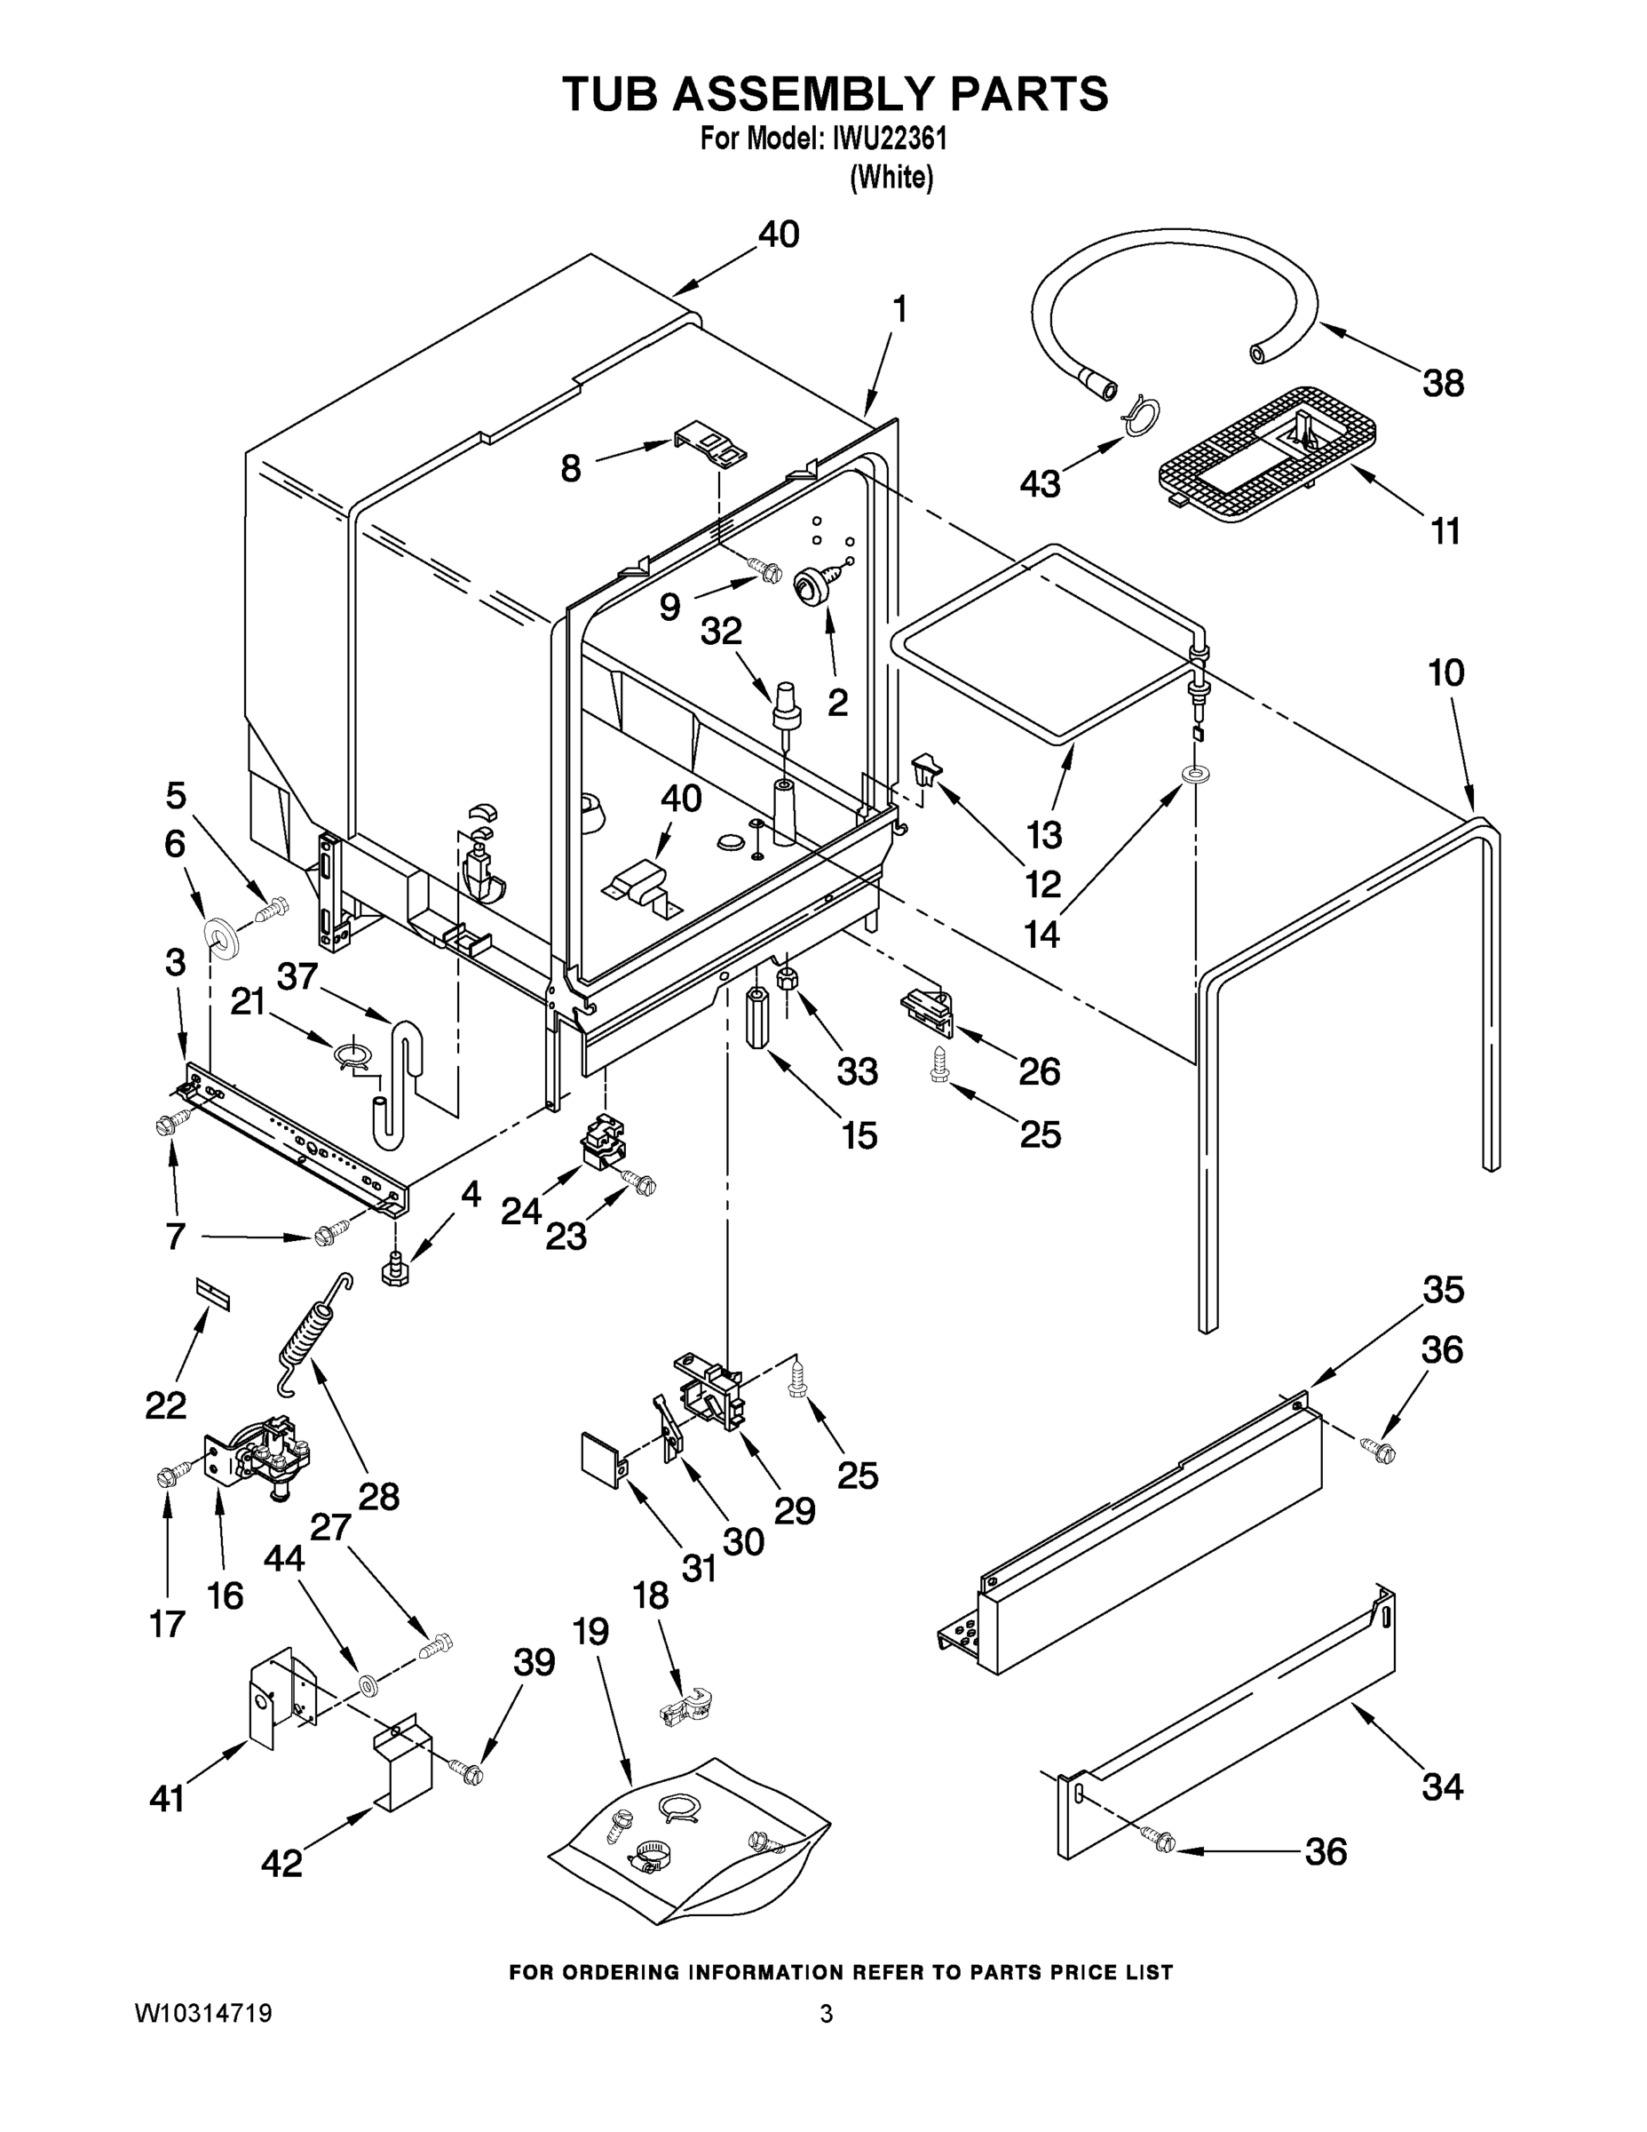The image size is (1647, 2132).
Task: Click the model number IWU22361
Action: (889, 139)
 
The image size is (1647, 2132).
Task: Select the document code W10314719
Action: (203, 2013)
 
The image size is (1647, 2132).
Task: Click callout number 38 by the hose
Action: (1442, 384)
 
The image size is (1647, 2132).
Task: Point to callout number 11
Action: (1445, 532)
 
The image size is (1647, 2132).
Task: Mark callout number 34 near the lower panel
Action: (1442, 1787)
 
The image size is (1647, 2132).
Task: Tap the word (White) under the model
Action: (891, 178)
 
